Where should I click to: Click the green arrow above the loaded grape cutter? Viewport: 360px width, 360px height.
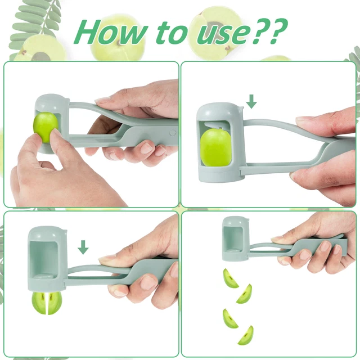click(x=251, y=101)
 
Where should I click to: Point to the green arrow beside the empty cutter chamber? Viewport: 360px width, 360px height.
click(x=83, y=247)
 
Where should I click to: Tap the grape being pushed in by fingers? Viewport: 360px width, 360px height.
click(x=45, y=127)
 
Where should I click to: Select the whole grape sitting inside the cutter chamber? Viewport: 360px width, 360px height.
click(x=217, y=148)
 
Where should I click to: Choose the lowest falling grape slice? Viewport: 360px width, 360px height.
click(x=245, y=335)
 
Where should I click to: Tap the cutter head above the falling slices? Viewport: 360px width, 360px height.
click(x=234, y=238)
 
